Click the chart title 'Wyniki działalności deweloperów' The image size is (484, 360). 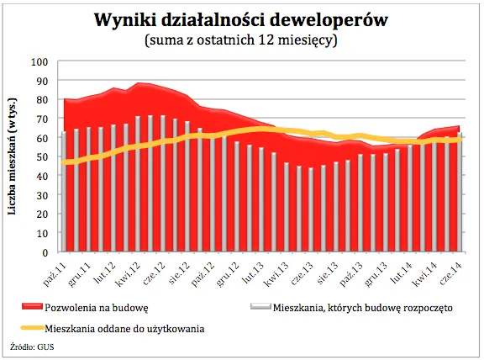(x=241, y=19)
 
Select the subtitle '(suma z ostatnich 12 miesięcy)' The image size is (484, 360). (x=241, y=40)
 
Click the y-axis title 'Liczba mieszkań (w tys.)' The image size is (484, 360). (x=14, y=157)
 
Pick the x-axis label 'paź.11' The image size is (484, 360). (x=56, y=271)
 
